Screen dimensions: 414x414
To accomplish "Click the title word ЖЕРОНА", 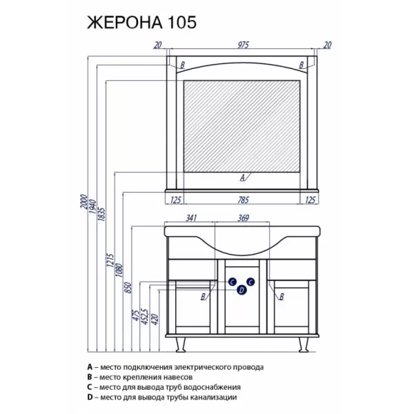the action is [x=125, y=23].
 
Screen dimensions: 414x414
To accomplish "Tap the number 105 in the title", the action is [x=181, y=23].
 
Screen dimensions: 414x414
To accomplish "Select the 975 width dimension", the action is [x=243, y=45].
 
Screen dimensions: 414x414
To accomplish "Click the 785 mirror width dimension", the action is [x=243, y=200].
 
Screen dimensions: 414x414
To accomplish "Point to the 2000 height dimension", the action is [x=83, y=201].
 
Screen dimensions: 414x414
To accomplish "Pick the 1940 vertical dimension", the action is [x=92, y=206].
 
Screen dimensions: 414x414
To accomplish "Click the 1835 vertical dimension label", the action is [x=101, y=215].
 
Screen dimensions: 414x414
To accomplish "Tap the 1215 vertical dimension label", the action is [x=110, y=260].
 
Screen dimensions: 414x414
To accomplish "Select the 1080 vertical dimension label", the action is [x=119, y=270].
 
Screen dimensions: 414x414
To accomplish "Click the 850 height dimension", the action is [x=128, y=288].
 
